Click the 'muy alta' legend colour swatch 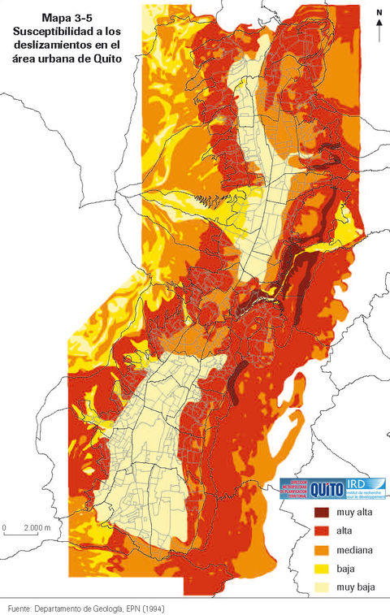click(323, 513)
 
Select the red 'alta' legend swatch click(323, 531)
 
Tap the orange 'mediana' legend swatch click(323, 550)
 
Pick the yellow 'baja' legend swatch click(323, 568)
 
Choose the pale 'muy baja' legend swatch click(323, 587)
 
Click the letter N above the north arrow click(379, 13)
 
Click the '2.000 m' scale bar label click(37, 528)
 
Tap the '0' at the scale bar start click(5, 528)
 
